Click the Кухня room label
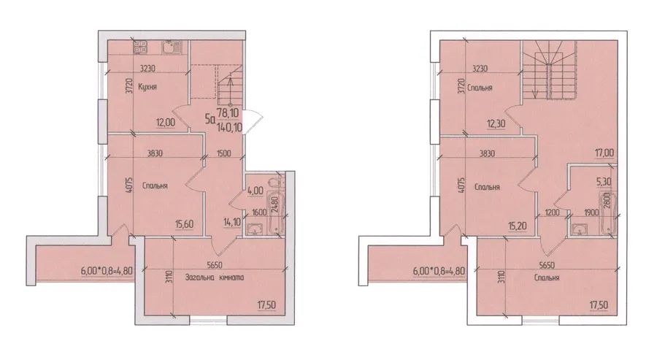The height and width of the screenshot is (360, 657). [x=147, y=87]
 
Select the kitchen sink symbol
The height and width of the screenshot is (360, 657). [x=171, y=47]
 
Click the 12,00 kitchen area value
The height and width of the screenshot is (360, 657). [x=166, y=123]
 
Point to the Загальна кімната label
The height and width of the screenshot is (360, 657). [x=215, y=277]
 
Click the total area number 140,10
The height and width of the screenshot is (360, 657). [x=230, y=127]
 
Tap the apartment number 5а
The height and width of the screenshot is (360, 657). [x=210, y=120]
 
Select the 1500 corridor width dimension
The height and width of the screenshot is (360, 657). [x=224, y=153]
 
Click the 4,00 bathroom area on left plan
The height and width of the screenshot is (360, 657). [x=255, y=191]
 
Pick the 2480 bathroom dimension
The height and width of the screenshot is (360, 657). [x=275, y=204]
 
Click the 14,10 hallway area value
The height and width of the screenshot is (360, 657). [x=233, y=222]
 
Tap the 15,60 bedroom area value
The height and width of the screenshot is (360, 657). [x=185, y=225]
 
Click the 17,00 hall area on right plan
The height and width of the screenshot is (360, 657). [x=604, y=153]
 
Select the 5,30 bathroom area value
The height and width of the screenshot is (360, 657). [x=604, y=182]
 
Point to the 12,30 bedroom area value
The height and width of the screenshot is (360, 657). [x=496, y=123]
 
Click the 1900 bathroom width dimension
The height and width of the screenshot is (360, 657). [x=591, y=212]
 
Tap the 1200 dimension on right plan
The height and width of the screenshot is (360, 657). [x=553, y=212]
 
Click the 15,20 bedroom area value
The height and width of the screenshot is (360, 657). [x=517, y=226]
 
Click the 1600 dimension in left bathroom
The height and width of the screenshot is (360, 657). [x=260, y=212]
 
